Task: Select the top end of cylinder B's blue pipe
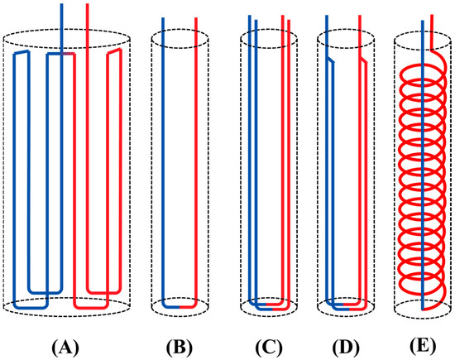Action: (163, 17)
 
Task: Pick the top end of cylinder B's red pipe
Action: (196, 17)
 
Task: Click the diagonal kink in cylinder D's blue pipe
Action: (330, 60)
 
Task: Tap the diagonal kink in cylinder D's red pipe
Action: (362, 60)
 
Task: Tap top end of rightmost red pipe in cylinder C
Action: (290, 15)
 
